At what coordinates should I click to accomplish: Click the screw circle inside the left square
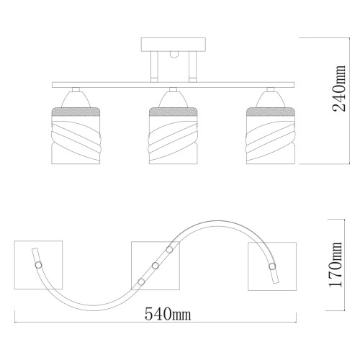click(37, 266)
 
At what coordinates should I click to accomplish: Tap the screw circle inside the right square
click(272, 267)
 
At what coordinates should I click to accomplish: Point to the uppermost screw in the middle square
click(169, 250)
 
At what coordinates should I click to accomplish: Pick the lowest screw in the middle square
click(140, 281)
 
